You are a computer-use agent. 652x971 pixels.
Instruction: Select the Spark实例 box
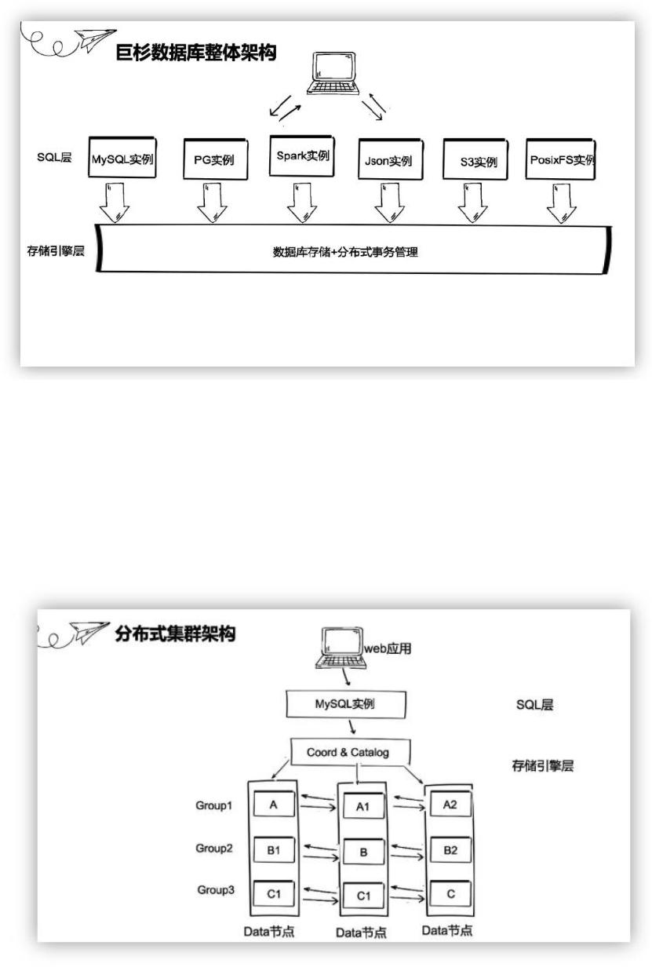(302, 156)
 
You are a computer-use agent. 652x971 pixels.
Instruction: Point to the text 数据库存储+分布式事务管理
(345, 252)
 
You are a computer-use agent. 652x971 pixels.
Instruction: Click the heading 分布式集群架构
(175, 634)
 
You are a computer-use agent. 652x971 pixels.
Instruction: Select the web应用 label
(388, 648)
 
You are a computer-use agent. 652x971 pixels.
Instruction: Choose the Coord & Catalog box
(348, 752)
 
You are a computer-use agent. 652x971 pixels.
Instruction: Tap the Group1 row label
(214, 805)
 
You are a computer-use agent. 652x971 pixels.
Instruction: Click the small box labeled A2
(450, 805)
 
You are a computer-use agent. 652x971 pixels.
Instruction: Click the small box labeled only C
(450, 894)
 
